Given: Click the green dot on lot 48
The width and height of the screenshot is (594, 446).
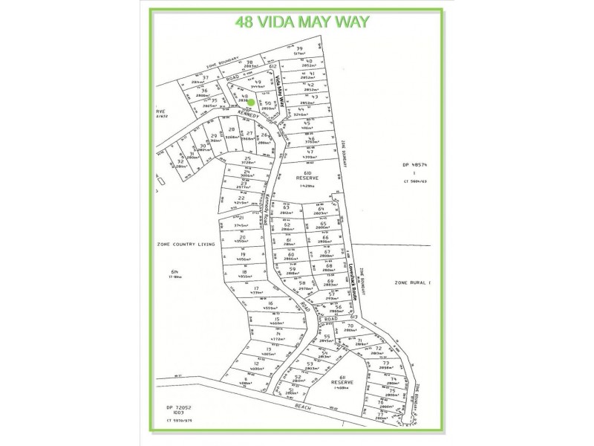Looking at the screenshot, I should pyautogui.click(x=252, y=102).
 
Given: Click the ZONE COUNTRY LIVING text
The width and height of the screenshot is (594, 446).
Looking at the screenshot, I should pyautogui.click(x=185, y=244).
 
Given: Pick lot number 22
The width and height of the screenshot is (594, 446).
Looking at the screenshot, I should pyautogui.click(x=241, y=198).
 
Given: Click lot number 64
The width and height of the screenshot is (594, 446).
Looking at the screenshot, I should pyautogui.click(x=322, y=209).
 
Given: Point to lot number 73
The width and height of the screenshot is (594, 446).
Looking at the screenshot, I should pyautogui.click(x=385, y=363).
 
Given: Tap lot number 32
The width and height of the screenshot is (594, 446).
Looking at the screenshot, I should pyautogui.click(x=180, y=161).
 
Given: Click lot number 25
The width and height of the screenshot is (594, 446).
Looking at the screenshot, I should pyautogui.click(x=247, y=159).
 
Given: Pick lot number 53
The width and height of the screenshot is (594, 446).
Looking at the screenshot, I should pyautogui.click(x=309, y=363).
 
